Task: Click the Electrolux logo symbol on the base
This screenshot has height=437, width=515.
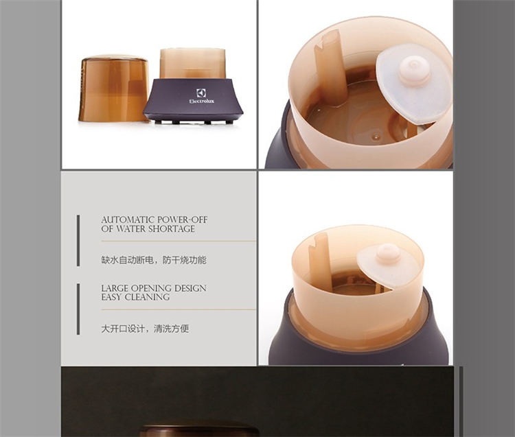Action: pyautogui.click(x=201, y=93)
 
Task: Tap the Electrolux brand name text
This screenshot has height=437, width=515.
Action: pyautogui.click(x=202, y=101)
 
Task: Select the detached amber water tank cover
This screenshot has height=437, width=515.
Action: pyautogui.click(x=113, y=88)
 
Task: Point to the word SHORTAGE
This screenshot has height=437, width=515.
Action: pyautogui.click(x=172, y=228)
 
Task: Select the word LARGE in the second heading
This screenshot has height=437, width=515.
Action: pyautogui.click(x=115, y=288)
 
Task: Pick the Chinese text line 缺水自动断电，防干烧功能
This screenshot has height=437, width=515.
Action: pyautogui.click(x=154, y=260)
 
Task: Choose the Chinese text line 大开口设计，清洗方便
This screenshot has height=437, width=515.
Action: pyautogui.click(x=145, y=329)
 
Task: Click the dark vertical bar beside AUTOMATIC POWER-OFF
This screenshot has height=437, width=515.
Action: pyautogui.click(x=78, y=241)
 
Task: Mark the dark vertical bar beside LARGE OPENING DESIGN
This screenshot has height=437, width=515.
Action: pyautogui.click(x=78, y=309)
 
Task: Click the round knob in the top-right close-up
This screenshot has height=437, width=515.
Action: pyautogui.click(x=414, y=71)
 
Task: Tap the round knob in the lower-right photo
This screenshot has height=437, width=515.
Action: pyautogui.click(x=389, y=254)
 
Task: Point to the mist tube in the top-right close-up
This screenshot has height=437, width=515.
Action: pyautogui.click(x=331, y=68)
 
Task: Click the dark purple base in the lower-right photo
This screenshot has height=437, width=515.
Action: pyautogui.click(x=358, y=344)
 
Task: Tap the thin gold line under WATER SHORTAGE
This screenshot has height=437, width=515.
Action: pyautogui.click(x=179, y=241)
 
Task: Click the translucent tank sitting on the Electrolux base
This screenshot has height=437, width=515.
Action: pyautogui.click(x=193, y=64)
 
